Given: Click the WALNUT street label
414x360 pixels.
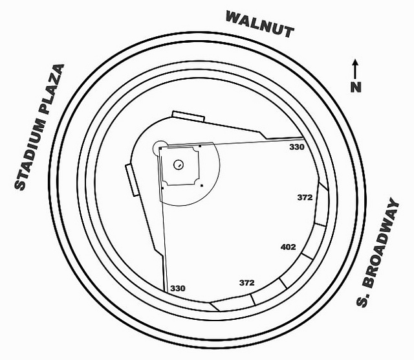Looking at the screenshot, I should [x=259, y=25].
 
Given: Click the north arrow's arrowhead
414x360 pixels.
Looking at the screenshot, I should [x=356, y=63].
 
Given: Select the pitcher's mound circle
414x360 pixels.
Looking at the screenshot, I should [x=177, y=164].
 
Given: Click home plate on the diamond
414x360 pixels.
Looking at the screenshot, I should [x=160, y=148].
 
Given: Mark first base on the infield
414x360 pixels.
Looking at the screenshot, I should [x=162, y=186].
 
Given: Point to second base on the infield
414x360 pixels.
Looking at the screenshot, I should [x=202, y=186].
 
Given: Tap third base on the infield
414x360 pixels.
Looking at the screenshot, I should [x=200, y=147].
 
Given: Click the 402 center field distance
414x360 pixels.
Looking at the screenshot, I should [x=288, y=247].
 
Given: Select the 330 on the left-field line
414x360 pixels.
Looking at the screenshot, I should [x=296, y=148].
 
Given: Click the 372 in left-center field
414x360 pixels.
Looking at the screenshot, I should [x=305, y=197].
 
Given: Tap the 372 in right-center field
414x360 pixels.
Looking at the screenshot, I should [x=246, y=283].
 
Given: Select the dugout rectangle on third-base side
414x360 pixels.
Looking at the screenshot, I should [x=188, y=117].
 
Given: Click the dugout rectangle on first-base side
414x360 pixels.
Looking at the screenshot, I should [x=130, y=181].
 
